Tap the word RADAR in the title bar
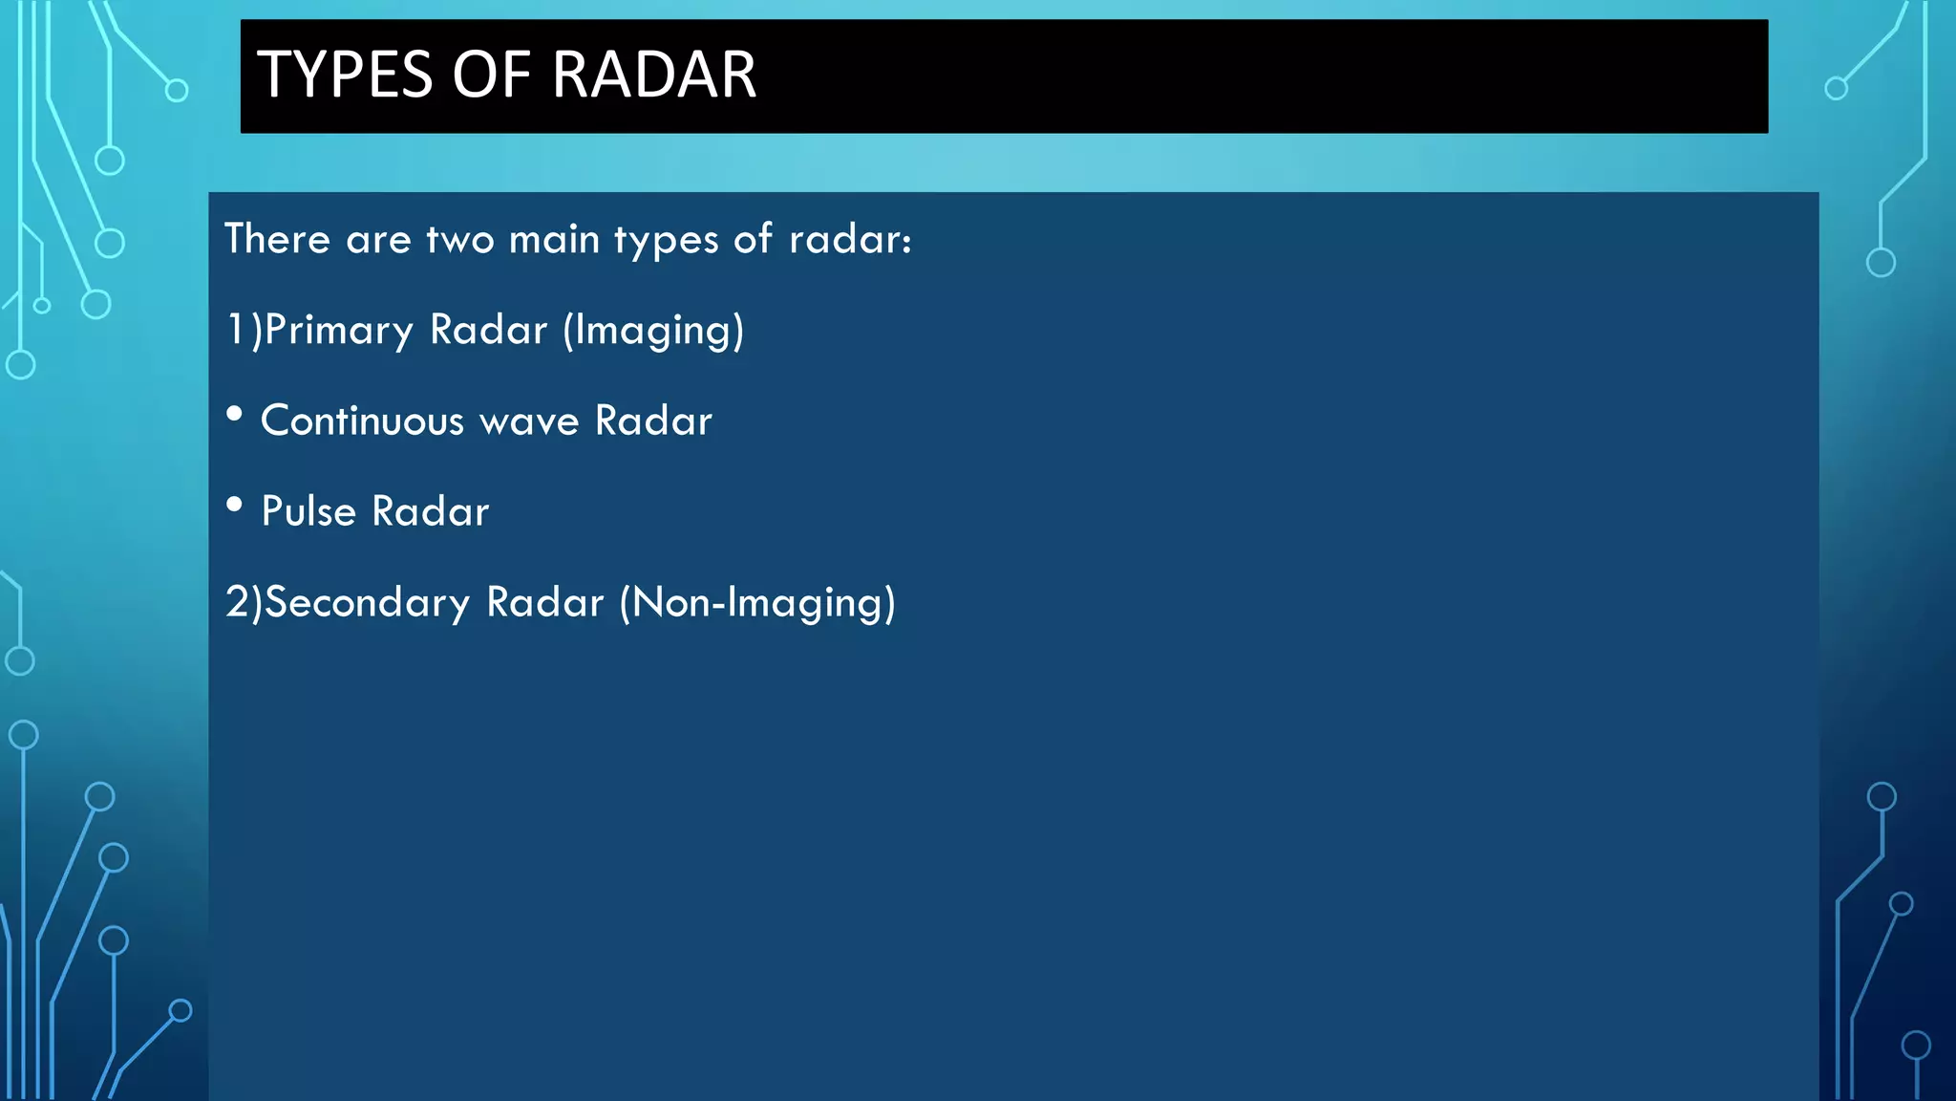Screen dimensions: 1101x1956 click(x=654, y=75)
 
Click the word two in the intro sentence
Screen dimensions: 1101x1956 click(x=459, y=239)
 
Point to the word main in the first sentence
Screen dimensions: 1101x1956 click(x=554, y=239)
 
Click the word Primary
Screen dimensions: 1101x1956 click(x=339, y=330)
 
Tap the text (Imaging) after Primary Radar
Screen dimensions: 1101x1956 click(x=653, y=331)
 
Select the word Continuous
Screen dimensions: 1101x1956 click(x=362, y=421)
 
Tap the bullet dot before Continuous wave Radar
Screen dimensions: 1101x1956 click(x=234, y=414)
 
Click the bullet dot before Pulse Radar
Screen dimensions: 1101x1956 click(x=234, y=505)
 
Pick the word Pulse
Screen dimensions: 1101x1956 click(x=308, y=511)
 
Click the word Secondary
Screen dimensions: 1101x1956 click(x=368, y=602)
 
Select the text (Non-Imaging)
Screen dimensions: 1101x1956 click(x=757, y=603)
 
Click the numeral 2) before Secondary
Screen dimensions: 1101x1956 click(x=243, y=602)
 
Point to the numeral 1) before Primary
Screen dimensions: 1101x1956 click(x=243, y=330)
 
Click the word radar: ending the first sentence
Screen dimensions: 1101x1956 click(x=850, y=239)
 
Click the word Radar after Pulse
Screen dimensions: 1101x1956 click(x=430, y=511)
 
